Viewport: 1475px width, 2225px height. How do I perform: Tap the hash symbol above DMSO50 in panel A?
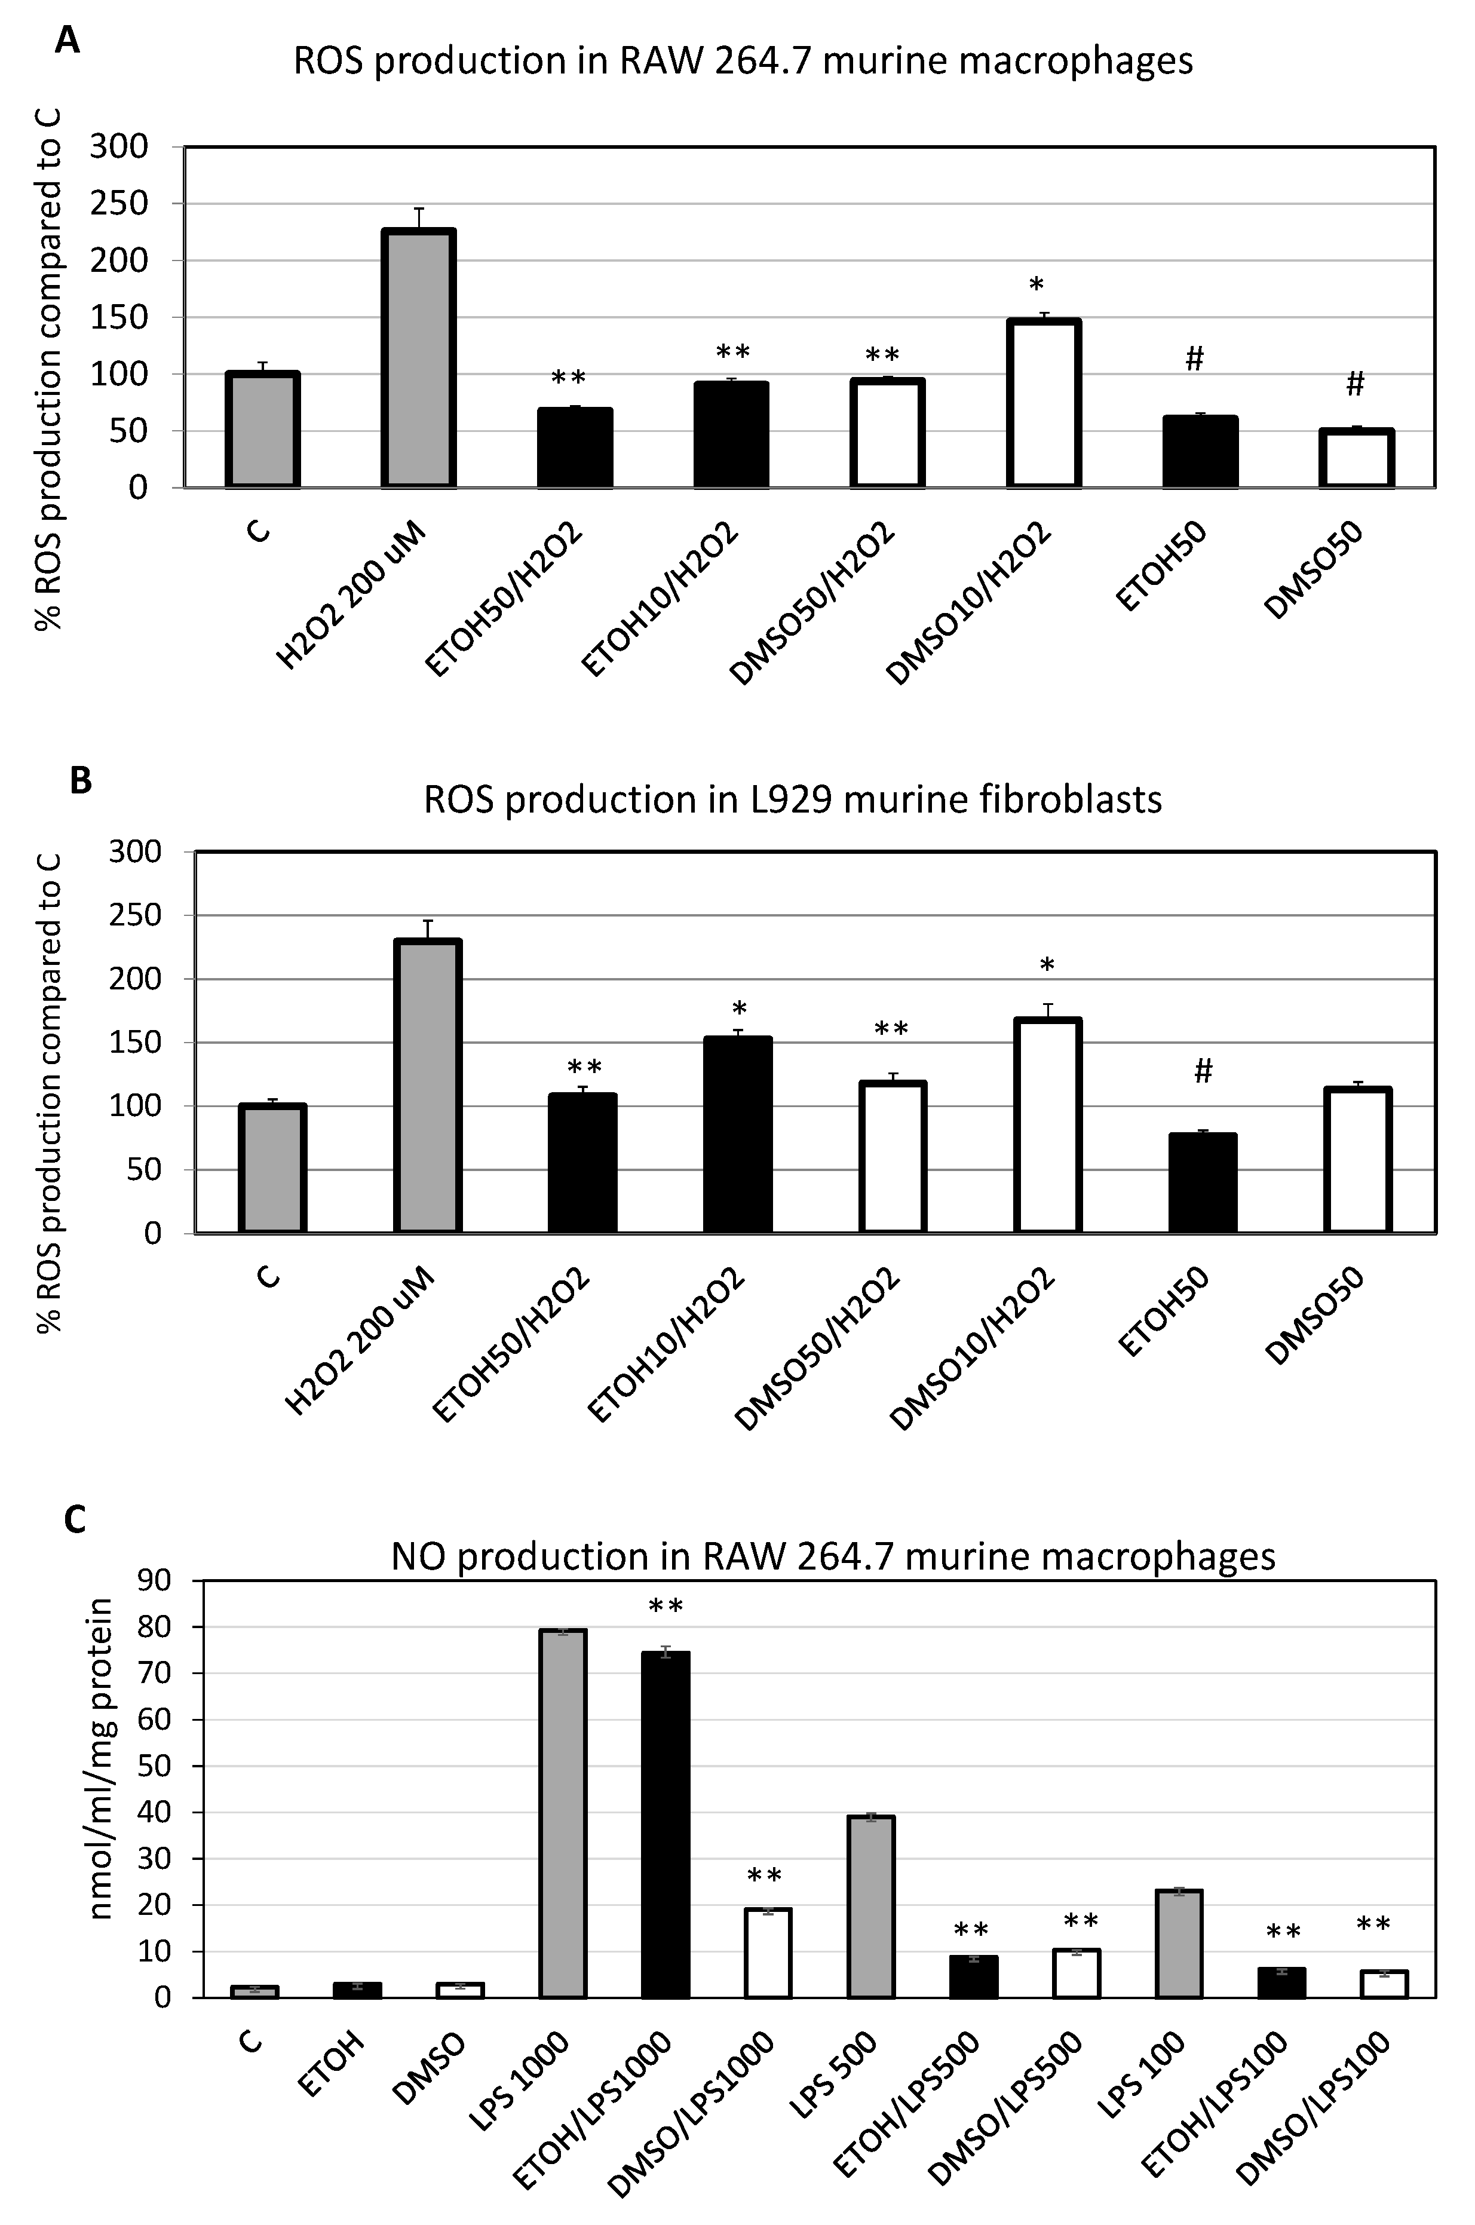pos(1354,383)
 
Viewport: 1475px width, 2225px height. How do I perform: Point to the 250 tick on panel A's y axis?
pos(119,204)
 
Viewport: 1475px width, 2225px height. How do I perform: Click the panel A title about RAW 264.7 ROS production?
pos(743,61)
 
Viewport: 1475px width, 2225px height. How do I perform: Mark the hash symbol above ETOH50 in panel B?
pos(1203,1071)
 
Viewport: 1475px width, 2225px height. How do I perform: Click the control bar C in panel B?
pos(273,1169)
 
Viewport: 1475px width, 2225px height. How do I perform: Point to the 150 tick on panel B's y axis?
pos(136,1043)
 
